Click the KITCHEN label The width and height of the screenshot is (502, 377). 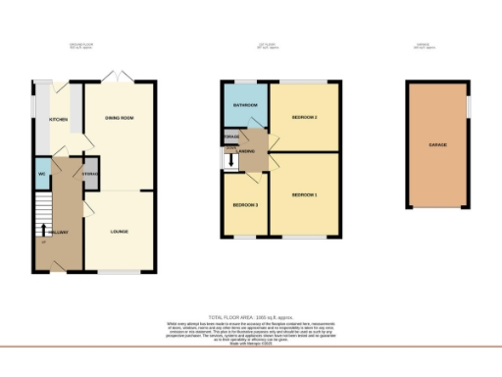pyautogui.click(x=44, y=120)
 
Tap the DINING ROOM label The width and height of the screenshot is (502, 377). pyautogui.click(x=119, y=119)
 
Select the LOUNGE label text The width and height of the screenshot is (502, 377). pyautogui.click(x=119, y=232)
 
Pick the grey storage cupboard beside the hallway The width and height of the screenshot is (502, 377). pyautogui.click(x=90, y=174)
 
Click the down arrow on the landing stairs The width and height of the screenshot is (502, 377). pyautogui.click(x=231, y=160)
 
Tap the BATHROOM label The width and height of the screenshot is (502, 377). pyautogui.click(x=245, y=104)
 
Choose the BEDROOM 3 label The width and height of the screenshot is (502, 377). pyautogui.click(x=244, y=205)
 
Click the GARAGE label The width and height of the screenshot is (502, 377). pyautogui.click(x=437, y=144)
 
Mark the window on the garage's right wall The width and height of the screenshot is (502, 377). pyautogui.click(x=469, y=103)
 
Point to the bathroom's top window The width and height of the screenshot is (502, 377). pyautogui.click(x=245, y=82)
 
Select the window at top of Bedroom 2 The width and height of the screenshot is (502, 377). pyautogui.click(x=305, y=82)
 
